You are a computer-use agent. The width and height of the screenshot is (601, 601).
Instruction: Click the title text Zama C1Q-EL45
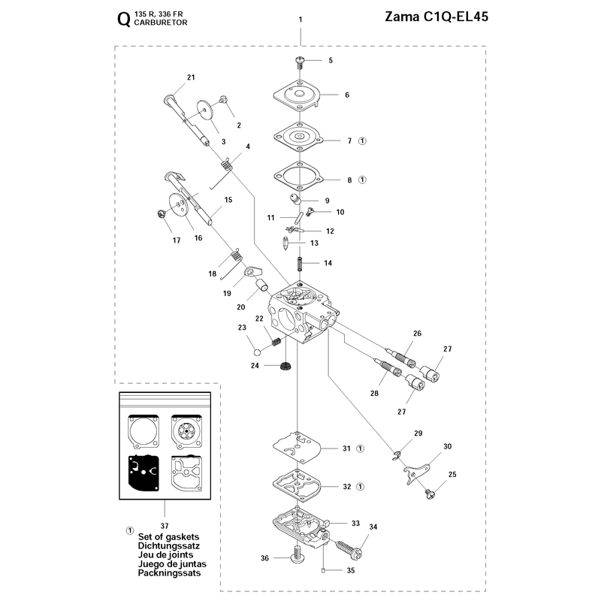(436, 17)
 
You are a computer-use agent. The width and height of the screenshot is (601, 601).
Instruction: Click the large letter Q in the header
(124, 20)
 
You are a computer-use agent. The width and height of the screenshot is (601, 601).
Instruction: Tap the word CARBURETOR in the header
(161, 23)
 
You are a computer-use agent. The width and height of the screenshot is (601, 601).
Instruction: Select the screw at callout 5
(300, 62)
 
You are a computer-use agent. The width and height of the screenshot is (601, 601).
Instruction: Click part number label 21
(191, 77)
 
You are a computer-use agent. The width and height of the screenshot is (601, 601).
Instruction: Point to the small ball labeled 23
(258, 352)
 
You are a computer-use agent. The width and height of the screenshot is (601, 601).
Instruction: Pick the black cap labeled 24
(285, 366)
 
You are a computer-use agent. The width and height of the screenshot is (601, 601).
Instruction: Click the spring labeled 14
(300, 264)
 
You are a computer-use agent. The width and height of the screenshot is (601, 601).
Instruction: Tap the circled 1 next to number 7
(362, 141)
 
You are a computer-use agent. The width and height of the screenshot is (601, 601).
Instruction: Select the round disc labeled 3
(207, 110)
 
